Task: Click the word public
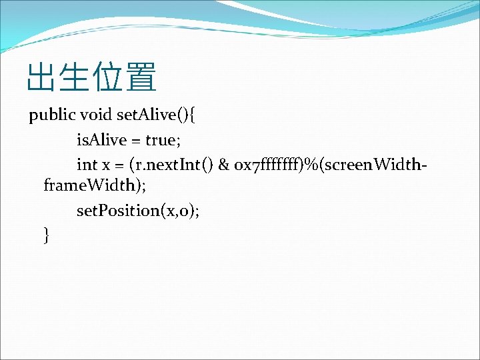pyautogui.click(x=52, y=116)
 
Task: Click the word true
pyautogui.click(x=160, y=140)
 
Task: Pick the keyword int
pyautogui.click(x=87, y=164)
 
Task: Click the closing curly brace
pyautogui.click(x=46, y=235)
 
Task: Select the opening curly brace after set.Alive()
pyautogui.click(x=192, y=116)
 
